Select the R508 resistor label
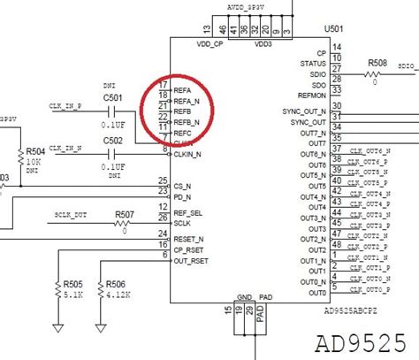click(377, 62)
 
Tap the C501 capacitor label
click(113, 97)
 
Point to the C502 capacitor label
click(113, 140)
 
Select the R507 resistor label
click(125, 214)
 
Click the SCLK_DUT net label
click(71, 216)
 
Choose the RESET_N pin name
click(188, 239)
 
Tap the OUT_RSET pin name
click(191, 260)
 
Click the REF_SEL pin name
click(189, 212)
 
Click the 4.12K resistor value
click(115, 297)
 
